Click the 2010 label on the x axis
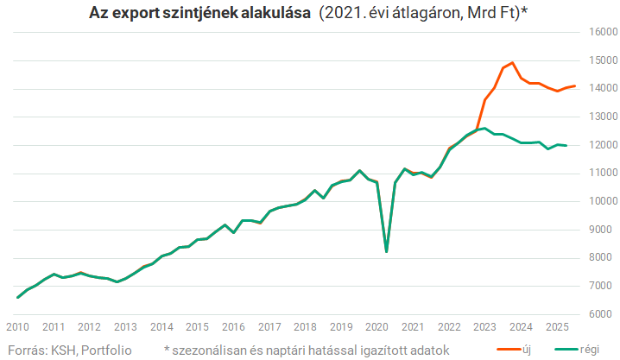click(x=17, y=327)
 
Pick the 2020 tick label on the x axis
click(x=377, y=327)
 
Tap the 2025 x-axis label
click(x=557, y=327)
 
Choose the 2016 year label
click(x=233, y=327)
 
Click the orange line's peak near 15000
click(x=513, y=62)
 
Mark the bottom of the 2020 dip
click(x=386, y=251)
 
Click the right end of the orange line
click(x=575, y=86)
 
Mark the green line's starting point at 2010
click(x=18, y=297)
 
